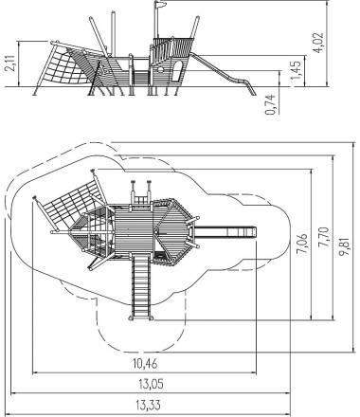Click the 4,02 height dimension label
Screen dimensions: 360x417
tap(319, 43)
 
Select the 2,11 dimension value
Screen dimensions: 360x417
tap(12, 63)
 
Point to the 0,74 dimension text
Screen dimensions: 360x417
tap(271, 104)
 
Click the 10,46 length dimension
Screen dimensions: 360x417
tap(145, 364)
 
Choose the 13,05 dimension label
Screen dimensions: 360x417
tap(151, 384)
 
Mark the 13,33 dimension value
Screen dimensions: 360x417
tap(148, 405)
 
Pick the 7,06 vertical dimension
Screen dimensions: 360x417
tap(302, 244)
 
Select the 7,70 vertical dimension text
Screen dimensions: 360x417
tap(324, 237)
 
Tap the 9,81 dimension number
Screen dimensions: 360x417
tap(345, 246)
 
